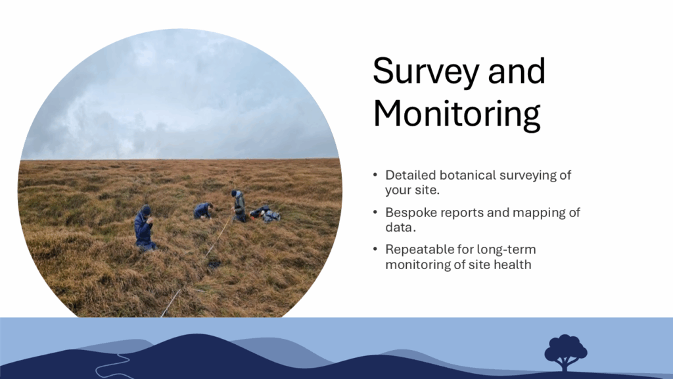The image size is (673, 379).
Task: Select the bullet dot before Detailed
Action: pos(375,174)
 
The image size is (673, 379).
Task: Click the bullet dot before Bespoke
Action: pos(375,212)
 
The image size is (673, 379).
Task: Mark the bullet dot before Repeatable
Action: pos(375,249)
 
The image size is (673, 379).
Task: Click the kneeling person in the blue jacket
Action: pos(145,228)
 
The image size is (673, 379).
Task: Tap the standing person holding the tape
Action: pos(239,206)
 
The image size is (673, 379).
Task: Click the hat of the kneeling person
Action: pos(146,209)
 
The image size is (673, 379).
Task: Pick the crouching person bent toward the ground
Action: pos(202,211)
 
